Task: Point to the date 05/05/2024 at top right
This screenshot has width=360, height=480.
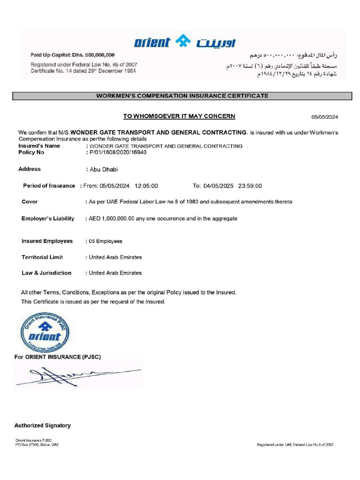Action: (325, 117)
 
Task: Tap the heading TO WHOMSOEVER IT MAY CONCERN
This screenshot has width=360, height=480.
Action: (179, 116)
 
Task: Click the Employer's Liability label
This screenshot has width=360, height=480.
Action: (48, 218)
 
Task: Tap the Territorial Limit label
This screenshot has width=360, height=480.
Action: (42, 257)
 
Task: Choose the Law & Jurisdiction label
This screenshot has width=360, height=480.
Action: (46, 273)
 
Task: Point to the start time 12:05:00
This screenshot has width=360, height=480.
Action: (146, 186)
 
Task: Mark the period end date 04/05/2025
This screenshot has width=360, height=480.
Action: (218, 186)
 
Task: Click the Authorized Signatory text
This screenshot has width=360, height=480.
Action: (43, 426)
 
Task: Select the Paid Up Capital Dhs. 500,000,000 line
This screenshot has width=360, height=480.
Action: (73, 55)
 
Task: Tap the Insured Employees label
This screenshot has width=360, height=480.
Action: (47, 241)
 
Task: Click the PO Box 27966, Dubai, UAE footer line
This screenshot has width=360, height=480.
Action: (37, 444)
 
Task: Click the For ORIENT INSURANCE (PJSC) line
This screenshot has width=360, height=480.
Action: (58, 357)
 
